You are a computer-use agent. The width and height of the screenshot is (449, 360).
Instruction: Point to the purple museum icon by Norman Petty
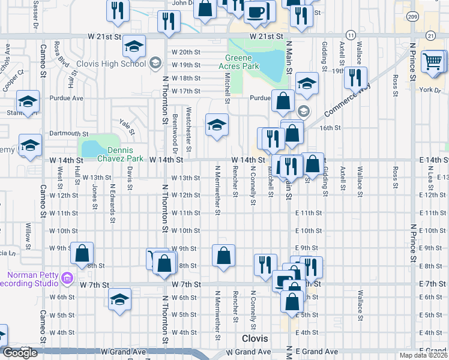[66, 278]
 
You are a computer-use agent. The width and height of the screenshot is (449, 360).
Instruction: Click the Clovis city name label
[246, 340]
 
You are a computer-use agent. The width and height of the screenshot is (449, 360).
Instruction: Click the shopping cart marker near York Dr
[433, 61]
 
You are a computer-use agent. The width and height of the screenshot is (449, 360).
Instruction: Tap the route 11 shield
[351, 37]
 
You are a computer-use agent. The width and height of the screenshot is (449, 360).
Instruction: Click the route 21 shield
[430, 37]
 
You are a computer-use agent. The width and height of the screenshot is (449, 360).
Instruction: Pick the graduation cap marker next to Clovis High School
[134, 46]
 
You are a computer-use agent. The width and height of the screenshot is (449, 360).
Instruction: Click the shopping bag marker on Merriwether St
[223, 256]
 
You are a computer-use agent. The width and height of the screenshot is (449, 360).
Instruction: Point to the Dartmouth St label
[69, 134]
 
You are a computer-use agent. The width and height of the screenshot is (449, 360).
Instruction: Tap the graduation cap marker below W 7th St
[119, 299]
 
